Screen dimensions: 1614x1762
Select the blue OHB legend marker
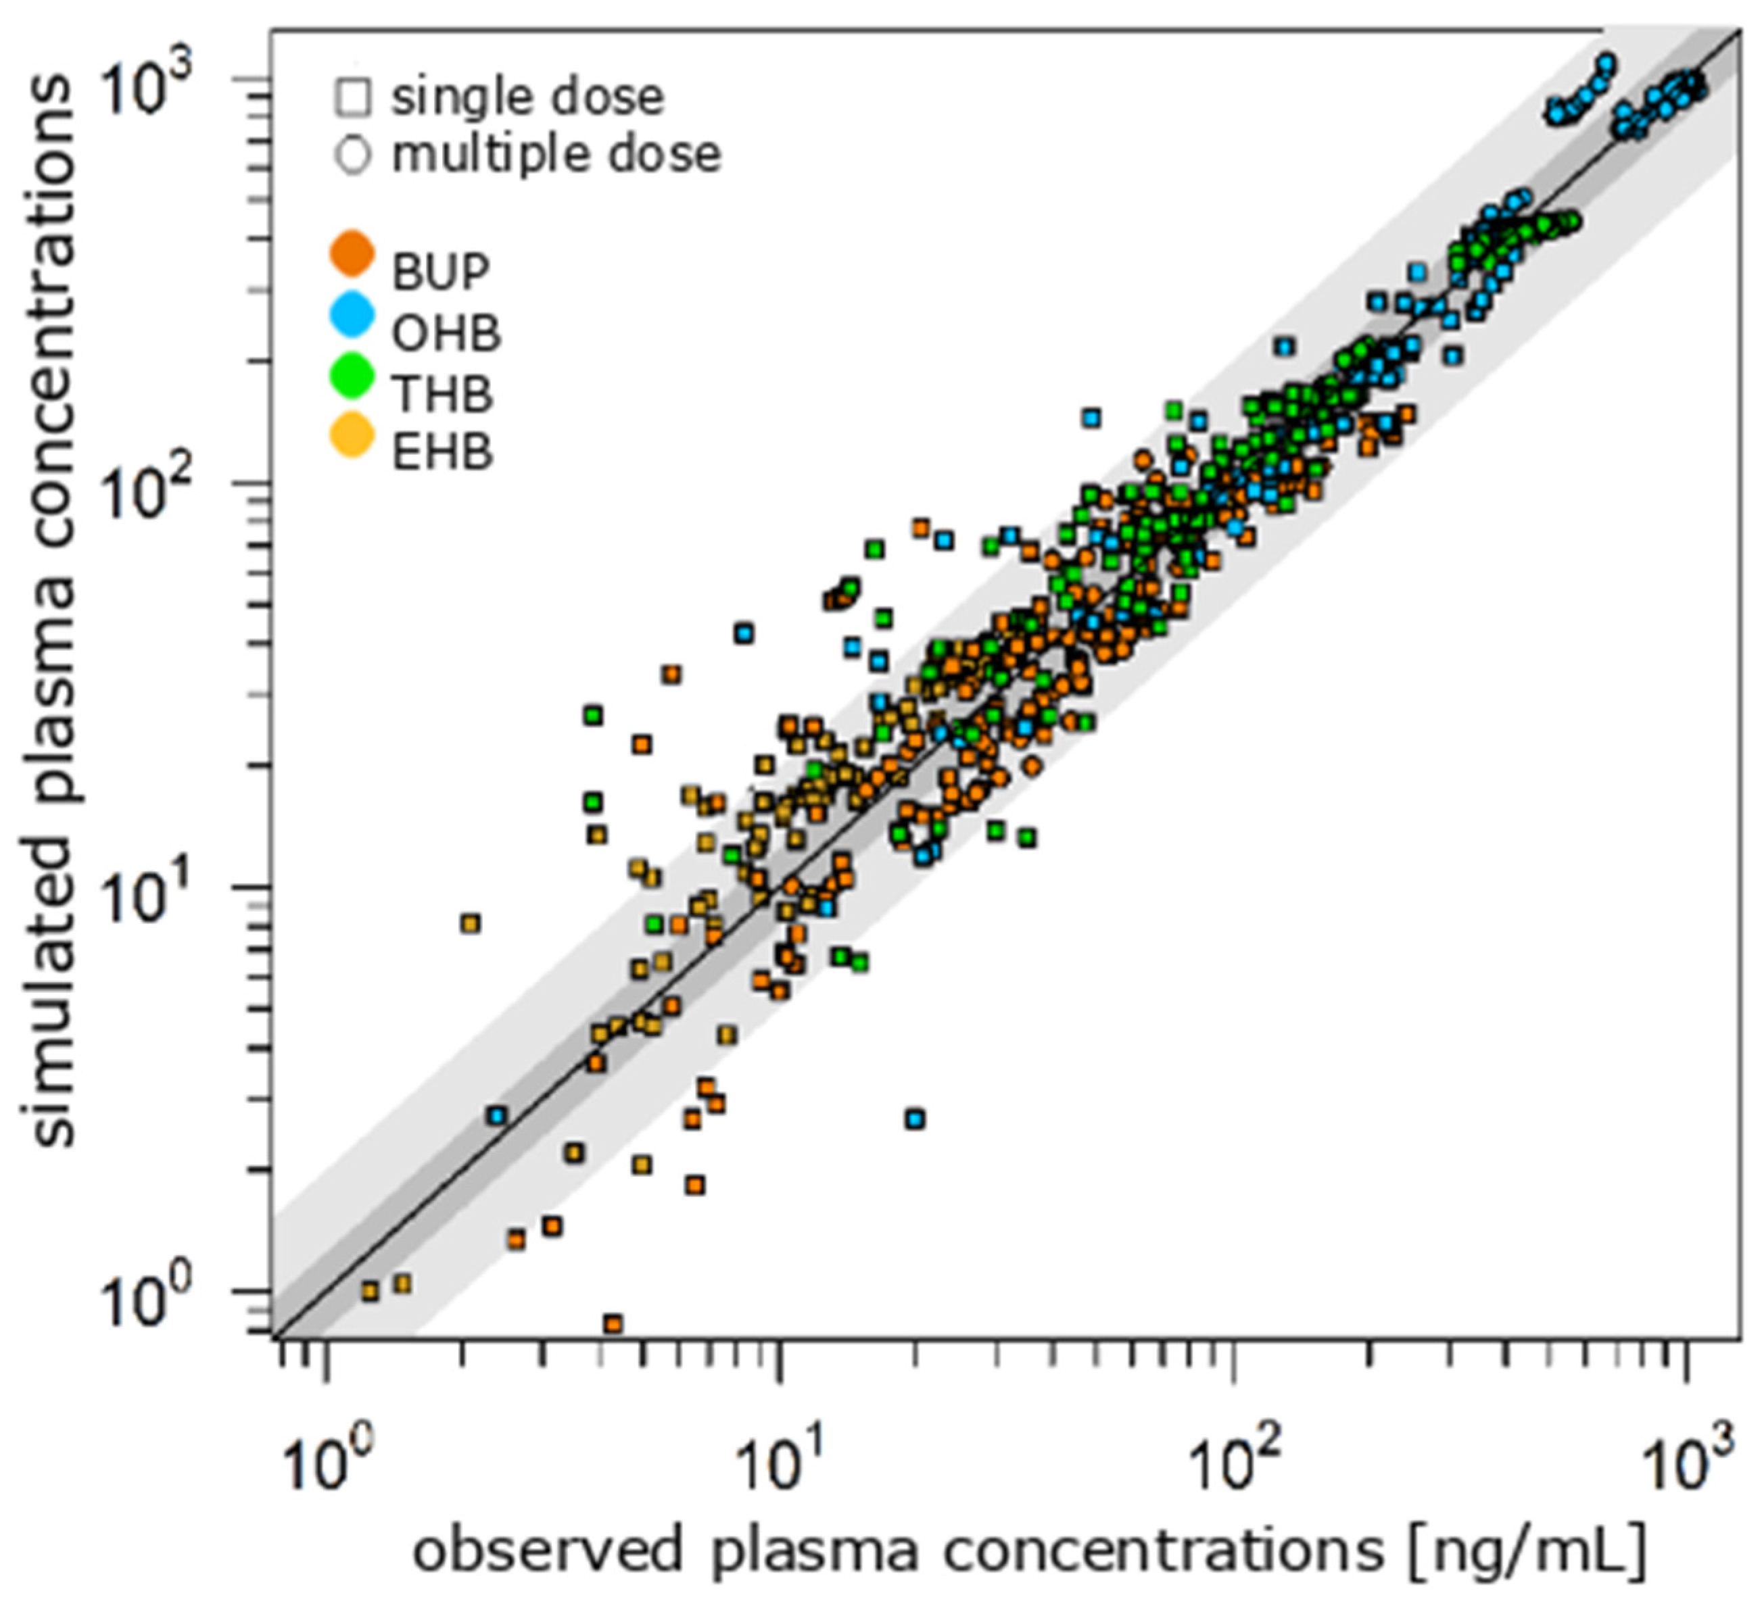tap(352, 314)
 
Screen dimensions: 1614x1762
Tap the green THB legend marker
tap(352, 375)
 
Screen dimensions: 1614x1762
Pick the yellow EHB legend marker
tap(352, 435)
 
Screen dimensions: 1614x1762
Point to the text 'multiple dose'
tap(556, 155)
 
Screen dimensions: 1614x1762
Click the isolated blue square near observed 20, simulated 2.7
tap(914, 1119)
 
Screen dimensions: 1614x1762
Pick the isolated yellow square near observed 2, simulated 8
tap(471, 924)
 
